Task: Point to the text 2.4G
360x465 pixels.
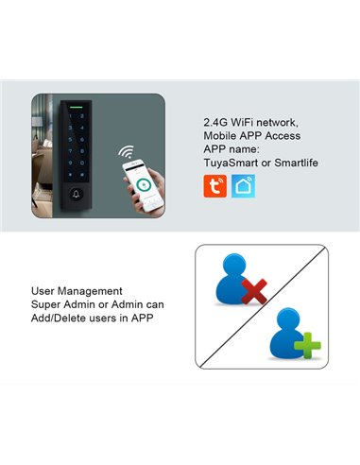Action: [x=216, y=123]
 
